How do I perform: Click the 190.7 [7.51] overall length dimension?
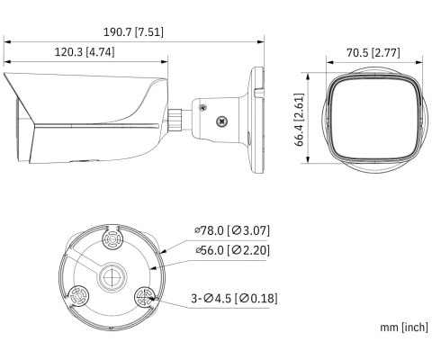coord(133,32)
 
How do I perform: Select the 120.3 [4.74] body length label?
coord(85,52)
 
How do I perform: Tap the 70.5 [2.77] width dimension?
coord(373,53)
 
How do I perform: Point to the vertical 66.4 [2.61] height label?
coord(299,120)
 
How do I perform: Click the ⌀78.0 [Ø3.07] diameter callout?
coord(232,230)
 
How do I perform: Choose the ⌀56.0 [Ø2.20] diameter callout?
coord(232,250)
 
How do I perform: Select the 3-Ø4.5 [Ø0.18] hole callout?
coord(234,299)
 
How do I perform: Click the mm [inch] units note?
coord(404,327)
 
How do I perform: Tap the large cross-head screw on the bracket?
coord(221,121)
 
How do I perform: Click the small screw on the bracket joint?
coord(202,107)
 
